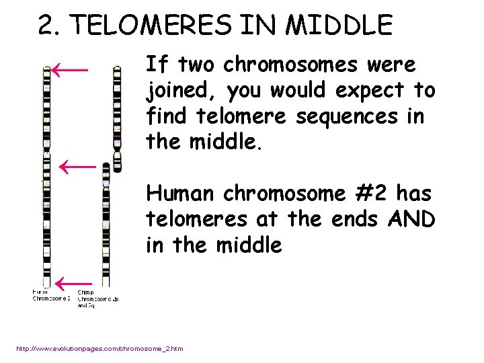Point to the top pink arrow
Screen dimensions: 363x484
coord(71,69)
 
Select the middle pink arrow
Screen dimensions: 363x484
coord(78,165)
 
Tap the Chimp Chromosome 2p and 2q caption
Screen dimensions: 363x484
coord(98,298)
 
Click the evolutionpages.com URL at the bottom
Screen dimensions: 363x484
coord(99,348)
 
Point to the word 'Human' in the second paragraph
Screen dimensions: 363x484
coord(179,194)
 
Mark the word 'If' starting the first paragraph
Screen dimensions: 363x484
coord(155,65)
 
